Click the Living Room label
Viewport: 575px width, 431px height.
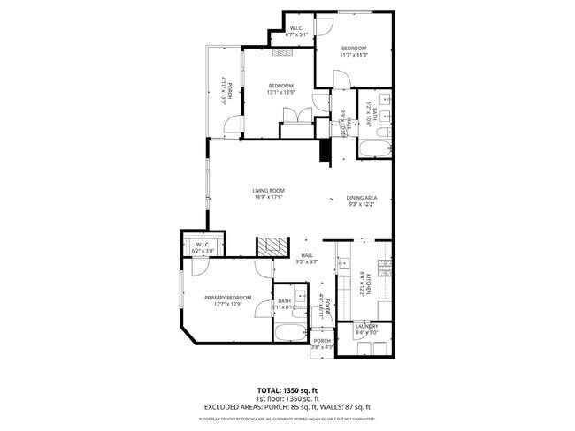[x=268, y=189]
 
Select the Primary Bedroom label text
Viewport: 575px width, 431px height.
[x=228, y=297]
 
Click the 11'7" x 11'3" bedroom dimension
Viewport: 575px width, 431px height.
[x=353, y=55]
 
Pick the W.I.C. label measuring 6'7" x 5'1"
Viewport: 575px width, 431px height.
[x=297, y=34]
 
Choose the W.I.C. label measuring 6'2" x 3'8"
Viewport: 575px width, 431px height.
[x=203, y=245]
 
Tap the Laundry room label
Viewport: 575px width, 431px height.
[x=366, y=326]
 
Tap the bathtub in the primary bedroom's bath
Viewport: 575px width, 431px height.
[x=289, y=334]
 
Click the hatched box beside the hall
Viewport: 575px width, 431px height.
[x=272, y=245]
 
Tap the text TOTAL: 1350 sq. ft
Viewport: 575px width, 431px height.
[x=287, y=389]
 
